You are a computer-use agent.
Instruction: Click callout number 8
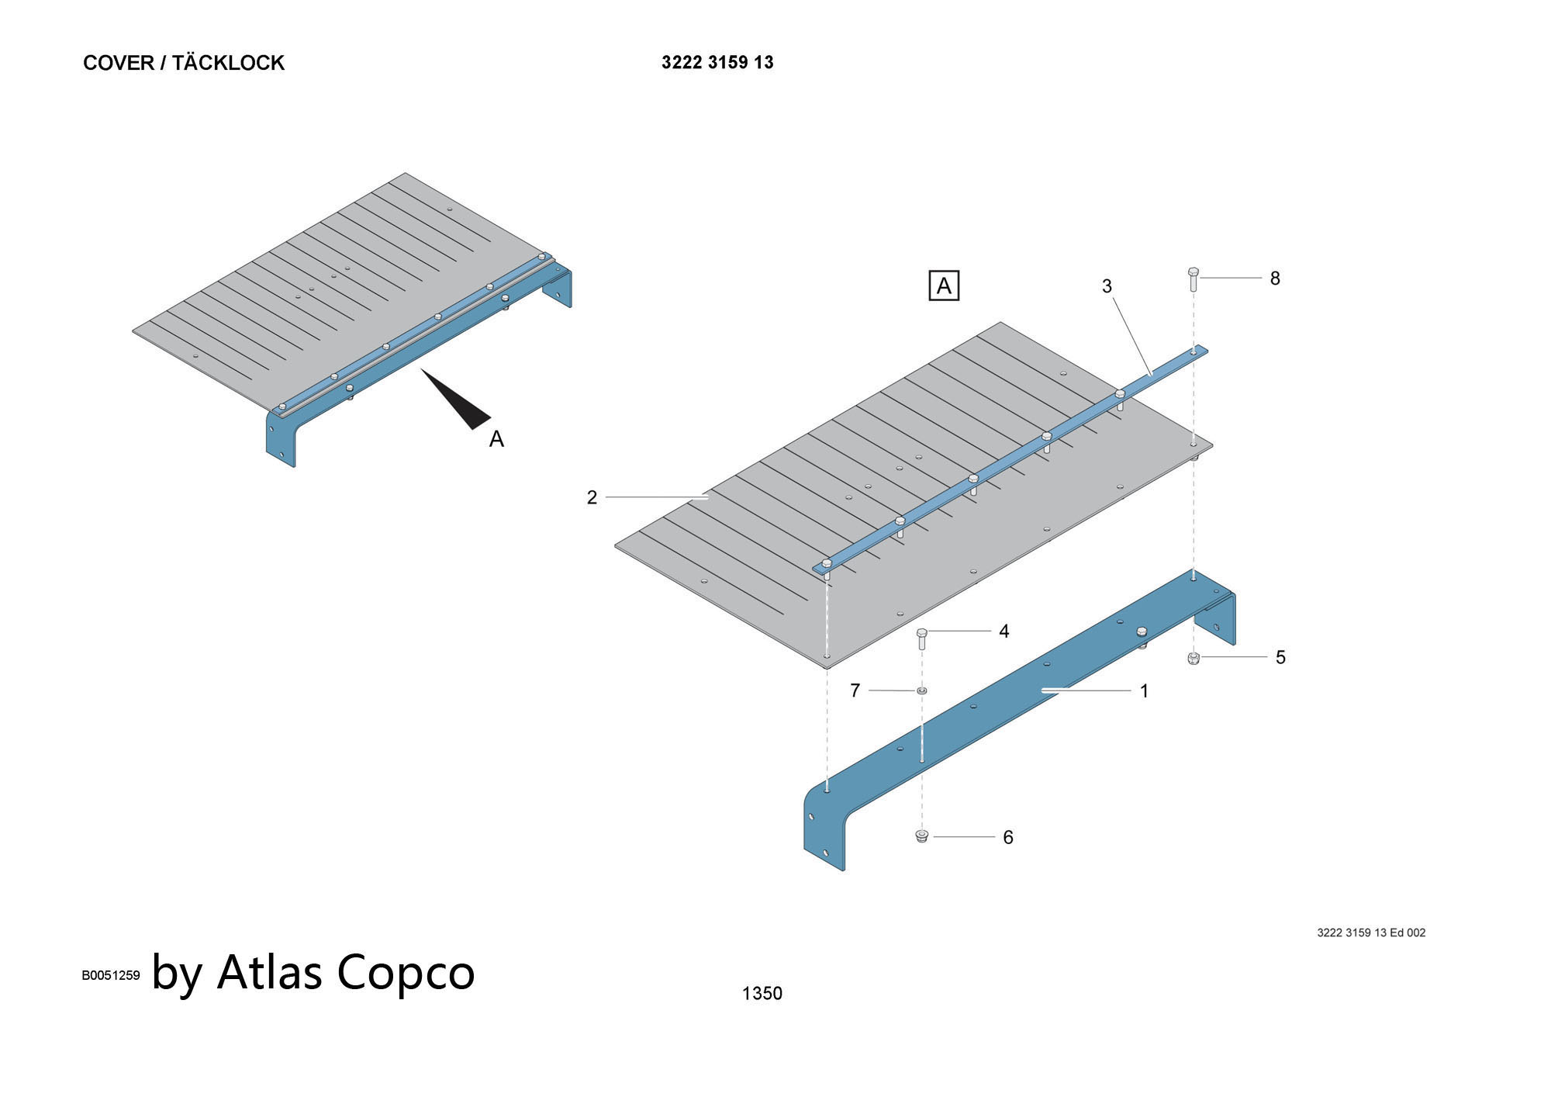tap(1275, 278)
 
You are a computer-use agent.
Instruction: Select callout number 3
tap(1107, 286)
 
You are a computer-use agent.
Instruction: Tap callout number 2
tap(592, 497)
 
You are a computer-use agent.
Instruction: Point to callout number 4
tap(1004, 632)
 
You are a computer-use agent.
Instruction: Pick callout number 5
tap(1280, 657)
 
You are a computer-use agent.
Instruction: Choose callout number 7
tap(855, 690)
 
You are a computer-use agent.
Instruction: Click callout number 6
tap(1008, 837)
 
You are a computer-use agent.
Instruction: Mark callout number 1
tap(1144, 690)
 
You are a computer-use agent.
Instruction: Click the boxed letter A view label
tap(944, 286)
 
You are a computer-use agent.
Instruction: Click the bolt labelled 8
tap(1193, 279)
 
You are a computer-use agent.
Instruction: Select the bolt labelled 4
tap(922, 638)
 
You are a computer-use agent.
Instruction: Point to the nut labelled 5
tap(1193, 659)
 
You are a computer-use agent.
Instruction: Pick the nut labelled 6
tap(921, 836)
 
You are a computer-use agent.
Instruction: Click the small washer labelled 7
tap(921, 690)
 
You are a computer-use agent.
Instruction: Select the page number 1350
tap(762, 993)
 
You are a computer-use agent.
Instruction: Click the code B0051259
tap(111, 975)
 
